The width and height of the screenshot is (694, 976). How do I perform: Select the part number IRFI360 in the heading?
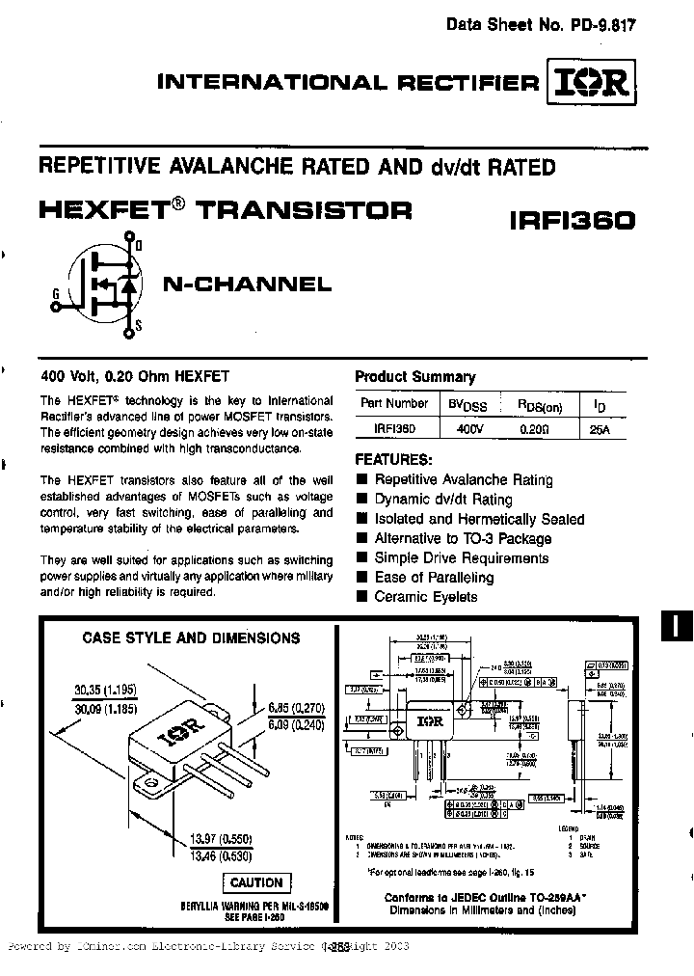click(x=572, y=220)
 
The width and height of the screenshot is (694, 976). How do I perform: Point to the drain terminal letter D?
click(x=139, y=247)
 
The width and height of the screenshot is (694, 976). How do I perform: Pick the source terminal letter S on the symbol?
click(x=139, y=326)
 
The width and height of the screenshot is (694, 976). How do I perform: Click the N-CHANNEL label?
click(x=247, y=285)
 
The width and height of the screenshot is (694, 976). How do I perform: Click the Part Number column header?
click(x=394, y=404)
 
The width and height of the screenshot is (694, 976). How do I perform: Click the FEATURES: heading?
click(x=394, y=459)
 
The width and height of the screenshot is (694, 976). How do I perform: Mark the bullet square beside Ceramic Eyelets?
click(x=361, y=597)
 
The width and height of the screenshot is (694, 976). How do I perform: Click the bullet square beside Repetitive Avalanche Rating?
click(x=361, y=479)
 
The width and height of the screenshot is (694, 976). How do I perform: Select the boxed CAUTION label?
click(x=257, y=882)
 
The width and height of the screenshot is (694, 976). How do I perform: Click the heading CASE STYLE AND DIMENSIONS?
click(x=191, y=637)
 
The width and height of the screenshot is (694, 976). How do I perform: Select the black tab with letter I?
click(x=677, y=625)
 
